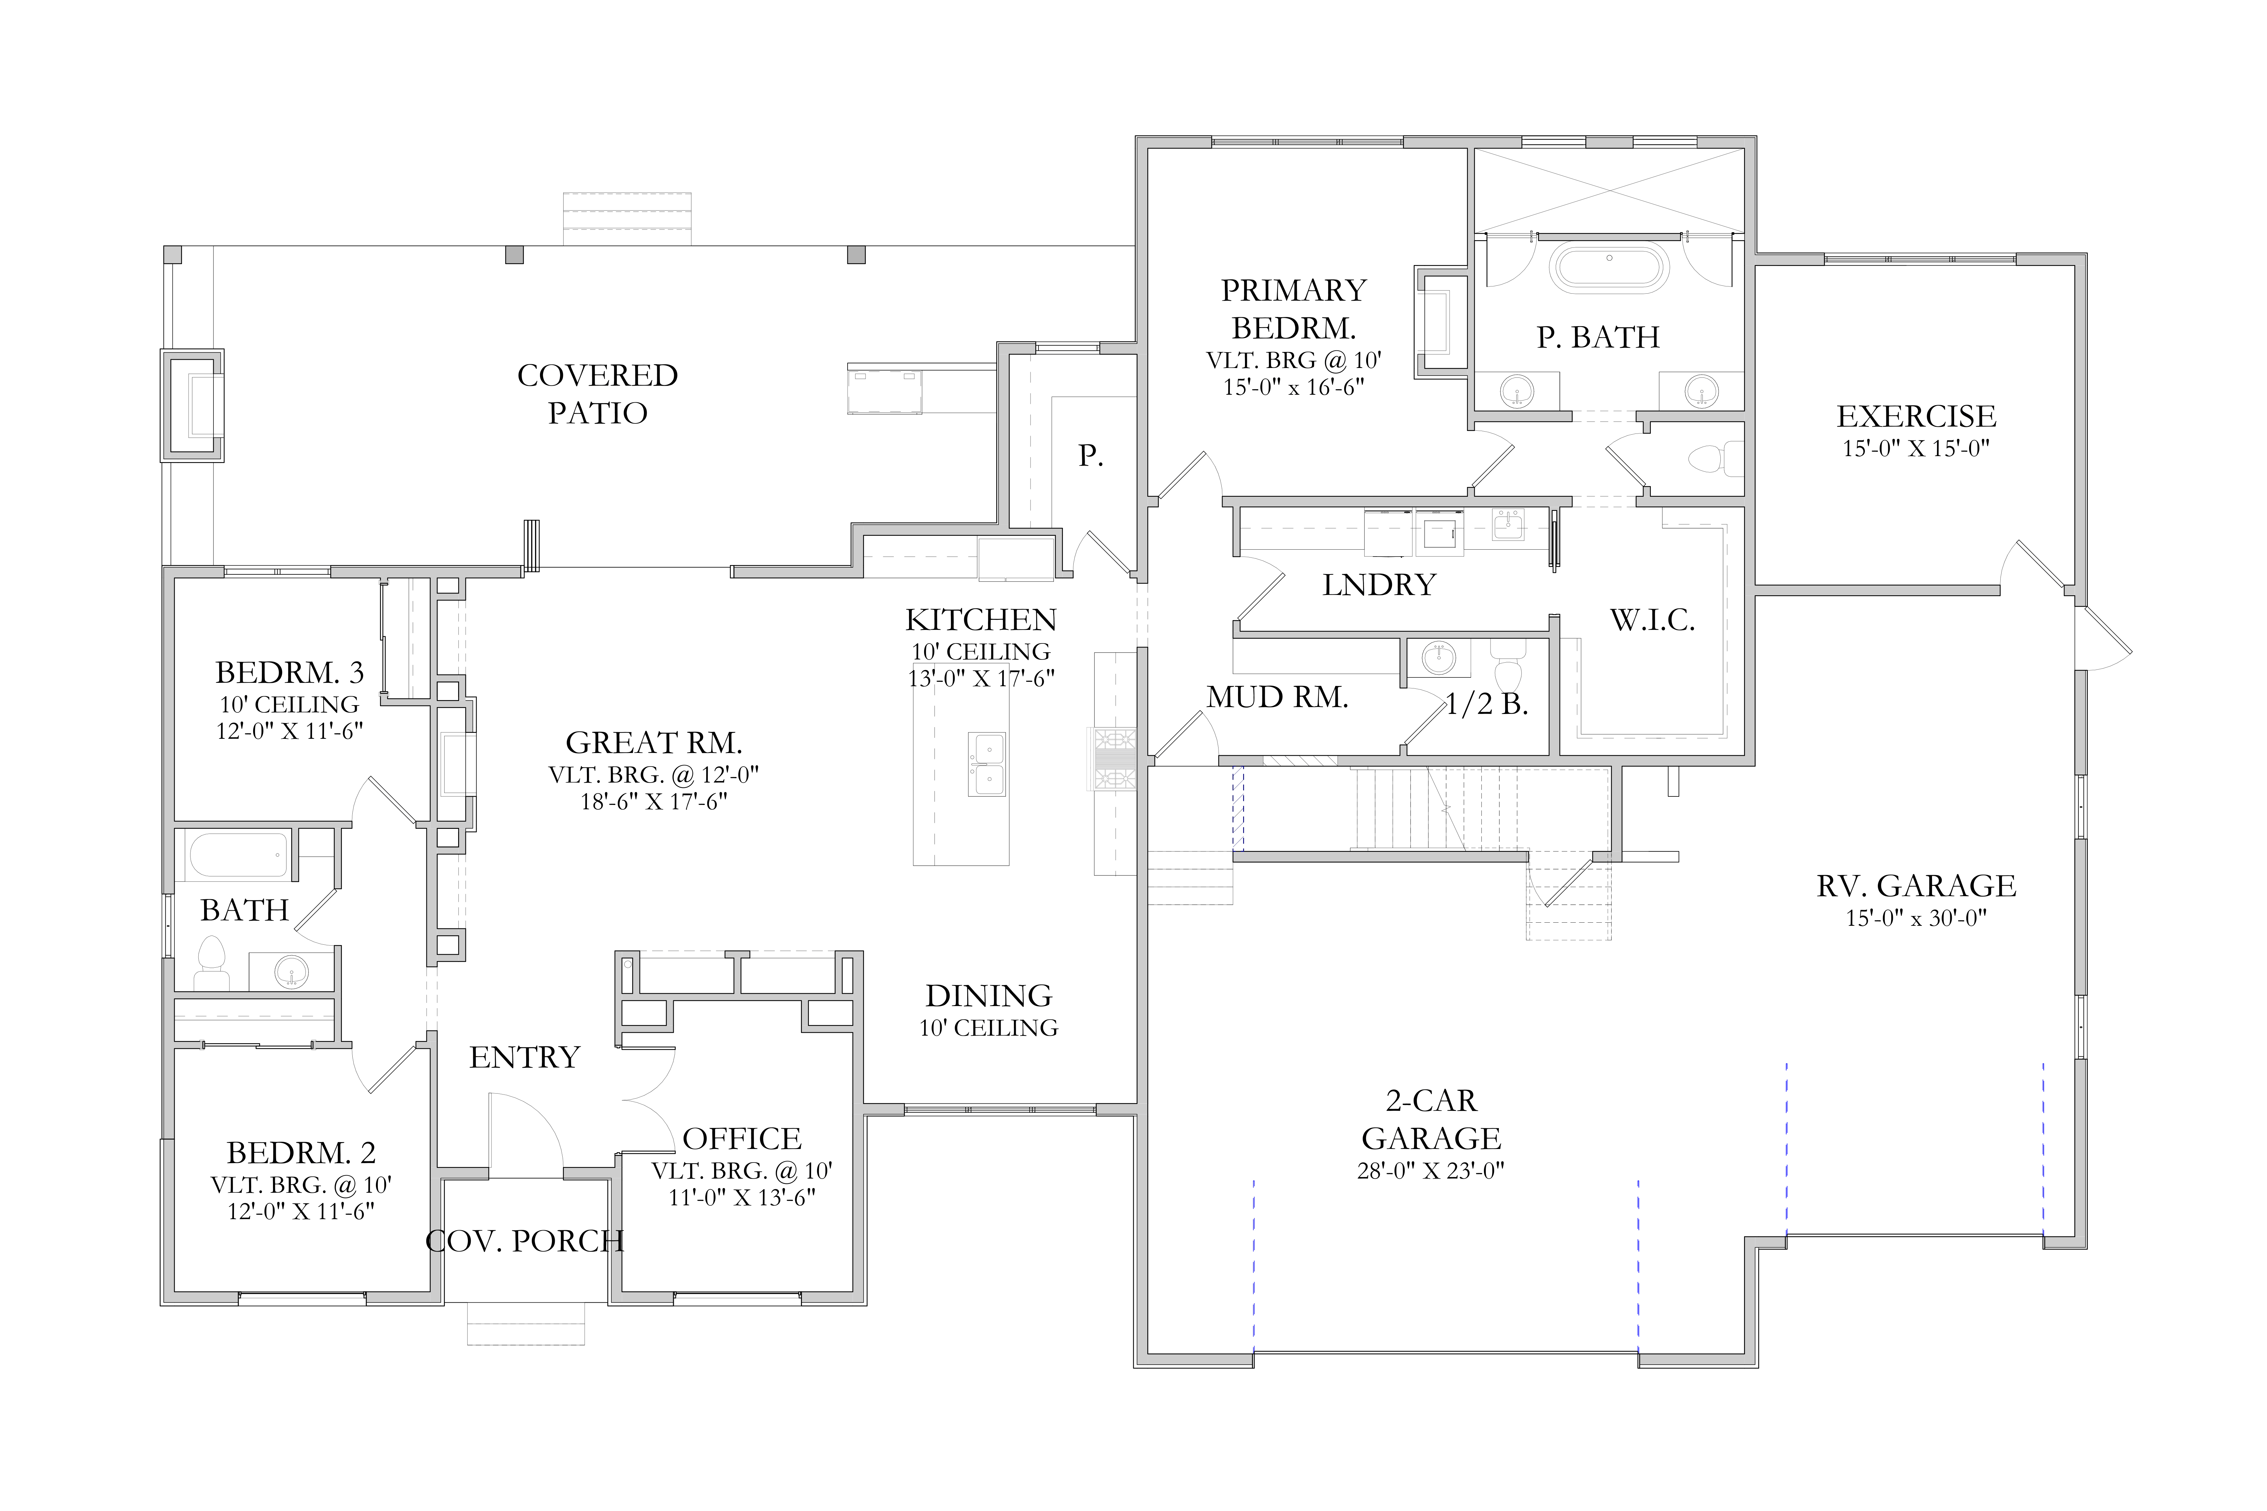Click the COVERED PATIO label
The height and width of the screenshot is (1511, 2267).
[x=598, y=393]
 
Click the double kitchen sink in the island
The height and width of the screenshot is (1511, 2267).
[x=988, y=764]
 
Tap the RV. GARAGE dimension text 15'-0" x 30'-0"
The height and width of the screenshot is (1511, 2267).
[x=1916, y=918]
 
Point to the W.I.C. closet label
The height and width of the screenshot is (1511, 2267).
[x=1652, y=620]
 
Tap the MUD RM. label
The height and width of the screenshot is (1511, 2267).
[x=1277, y=697]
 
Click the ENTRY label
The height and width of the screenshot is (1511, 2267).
[x=524, y=1057]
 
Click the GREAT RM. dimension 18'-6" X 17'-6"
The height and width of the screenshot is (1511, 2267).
[x=654, y=802]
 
